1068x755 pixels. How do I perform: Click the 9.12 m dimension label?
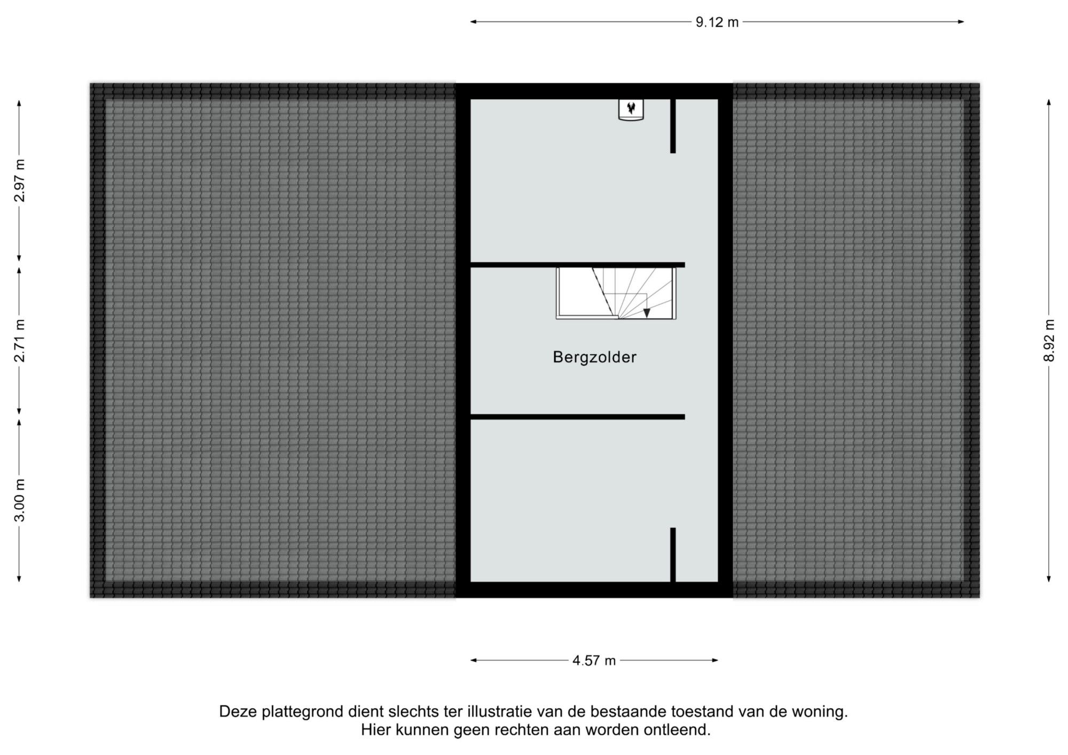tap(717, 22)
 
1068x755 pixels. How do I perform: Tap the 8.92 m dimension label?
tap(1049, 340)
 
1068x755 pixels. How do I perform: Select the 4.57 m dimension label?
tap(594, 660)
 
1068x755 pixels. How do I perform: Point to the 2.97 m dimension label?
tap(19, 180)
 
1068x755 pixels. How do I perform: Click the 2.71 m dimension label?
tap(19, 341)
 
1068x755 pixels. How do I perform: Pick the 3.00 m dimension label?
tap(19, 500)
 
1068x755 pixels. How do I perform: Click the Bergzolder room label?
tap(594, 357)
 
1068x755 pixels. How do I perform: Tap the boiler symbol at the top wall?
tap(631, 109)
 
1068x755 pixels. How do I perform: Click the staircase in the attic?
tap(616, 293)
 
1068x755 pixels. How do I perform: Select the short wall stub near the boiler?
tap(673, 126)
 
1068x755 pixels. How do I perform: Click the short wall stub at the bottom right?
tap(673, 555)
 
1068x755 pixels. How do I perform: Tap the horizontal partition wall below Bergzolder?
tap(577, 417)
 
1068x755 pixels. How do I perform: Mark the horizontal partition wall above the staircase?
tap(577, 265)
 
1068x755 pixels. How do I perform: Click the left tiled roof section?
tap(273, 340)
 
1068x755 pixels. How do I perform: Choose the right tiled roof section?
tap(856, 340)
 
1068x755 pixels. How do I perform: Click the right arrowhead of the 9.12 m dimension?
tap(961, 22)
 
